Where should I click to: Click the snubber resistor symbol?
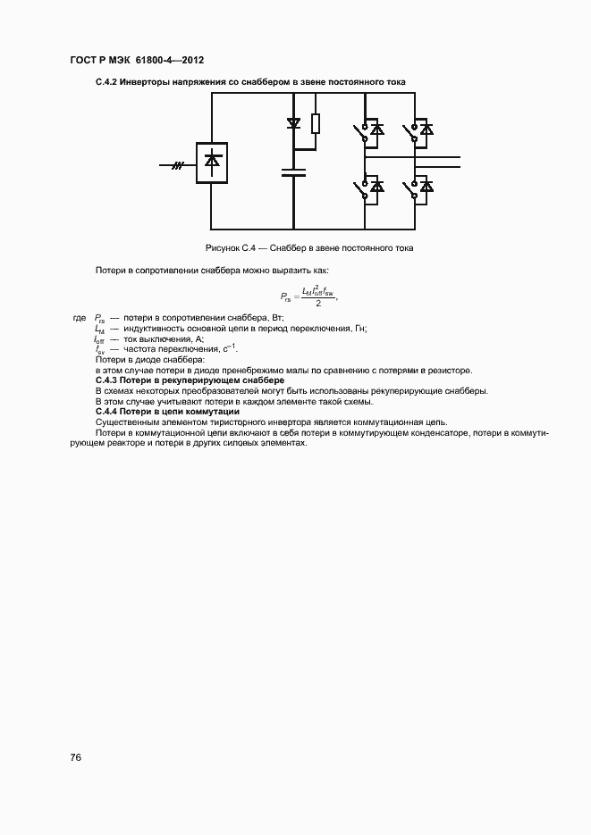click(315, 124)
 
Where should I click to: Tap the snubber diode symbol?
click(293, 122)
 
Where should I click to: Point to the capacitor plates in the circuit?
click(293, 171)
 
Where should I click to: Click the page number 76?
click(76, 757)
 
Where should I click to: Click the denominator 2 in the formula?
click(306, 304)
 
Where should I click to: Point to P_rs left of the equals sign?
click(284, 296)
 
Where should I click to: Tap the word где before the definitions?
click(79, 317)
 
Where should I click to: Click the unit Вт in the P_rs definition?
click(276, 317)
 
